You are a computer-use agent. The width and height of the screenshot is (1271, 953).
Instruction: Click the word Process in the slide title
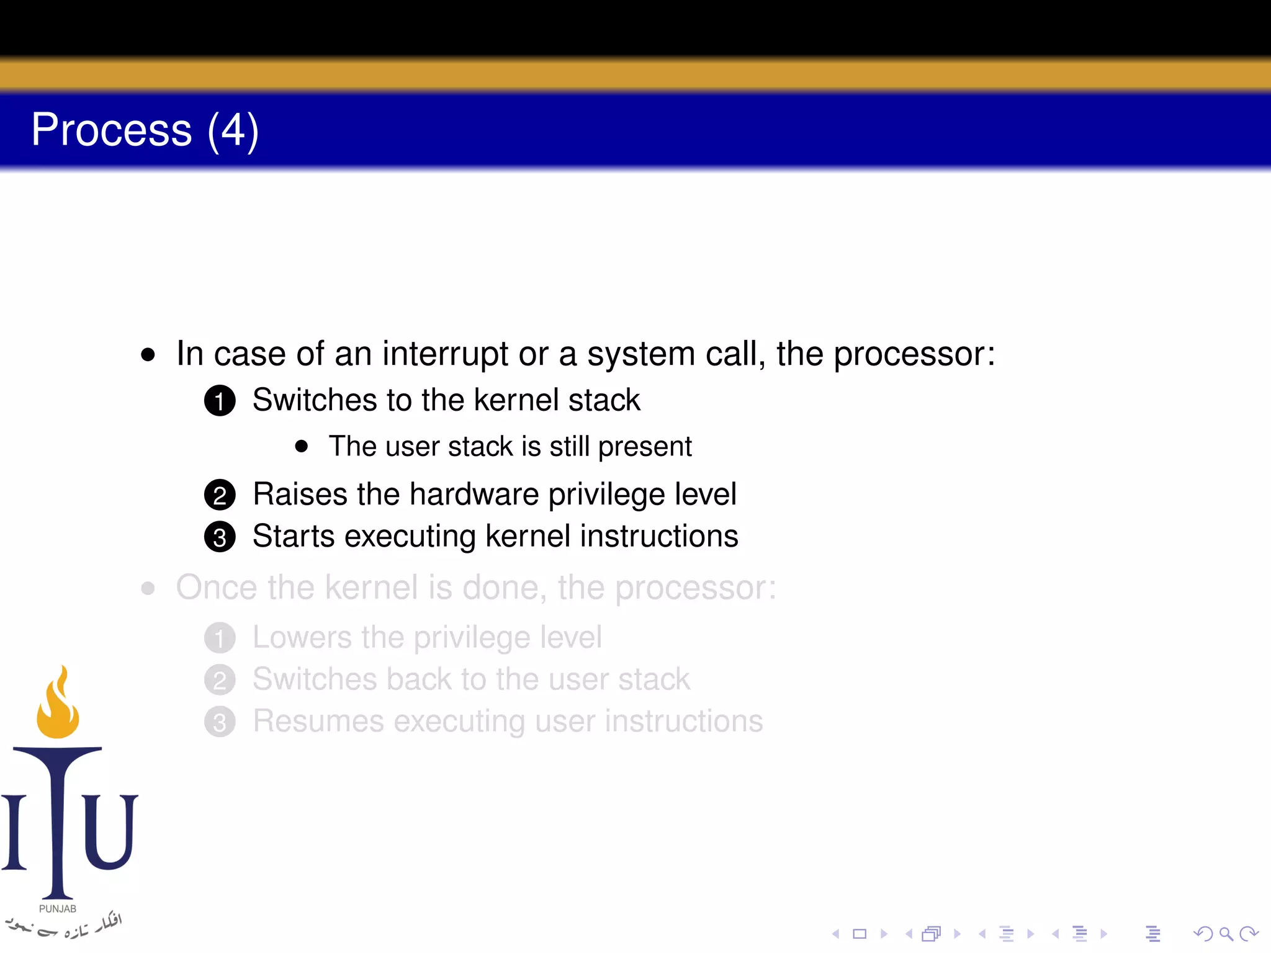tap(112, 130)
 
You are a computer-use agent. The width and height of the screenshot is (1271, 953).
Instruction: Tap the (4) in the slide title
tap(233, 132)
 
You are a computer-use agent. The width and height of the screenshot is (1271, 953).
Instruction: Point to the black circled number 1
tap(220, 401)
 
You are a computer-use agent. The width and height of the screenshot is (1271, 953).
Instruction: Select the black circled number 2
tap(220, 495)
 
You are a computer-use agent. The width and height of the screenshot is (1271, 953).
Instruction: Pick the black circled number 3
tap(220, 537)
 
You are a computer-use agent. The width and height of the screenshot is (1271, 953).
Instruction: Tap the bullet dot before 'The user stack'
tap(302, 446)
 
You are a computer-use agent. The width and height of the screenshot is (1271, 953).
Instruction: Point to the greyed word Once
tap(216, 588)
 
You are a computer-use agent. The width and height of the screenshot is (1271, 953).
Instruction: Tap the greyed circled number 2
tap(220, 680)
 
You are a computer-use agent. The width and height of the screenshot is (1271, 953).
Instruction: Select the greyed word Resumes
tap(318, 721)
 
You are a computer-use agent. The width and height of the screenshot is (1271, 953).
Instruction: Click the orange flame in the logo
tap(58, 707)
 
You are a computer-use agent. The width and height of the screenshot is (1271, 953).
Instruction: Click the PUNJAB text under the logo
tap(58, 909)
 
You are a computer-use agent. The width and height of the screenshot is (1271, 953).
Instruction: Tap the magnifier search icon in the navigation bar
tap(1226, 934)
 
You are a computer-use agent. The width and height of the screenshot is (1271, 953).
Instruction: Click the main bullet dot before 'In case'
tap(148, 355)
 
